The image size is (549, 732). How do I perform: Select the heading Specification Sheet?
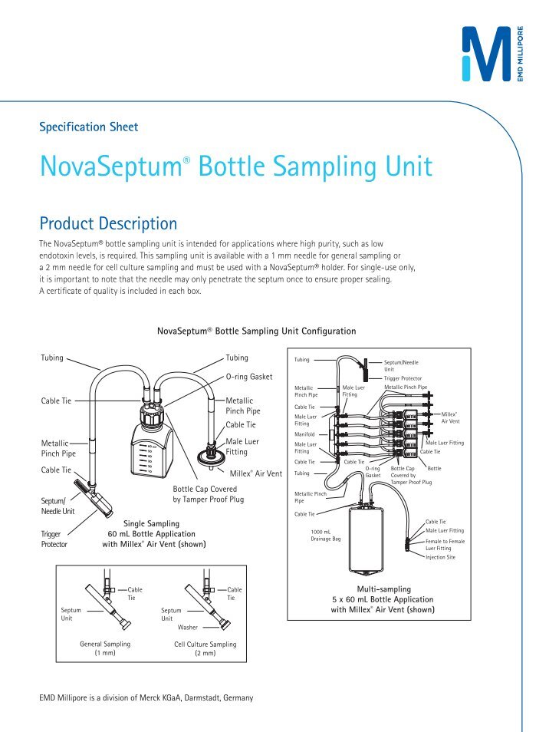89,127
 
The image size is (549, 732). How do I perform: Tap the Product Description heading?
108,224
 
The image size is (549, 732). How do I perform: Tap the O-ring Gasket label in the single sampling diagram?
249,377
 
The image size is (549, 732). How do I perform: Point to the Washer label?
188,627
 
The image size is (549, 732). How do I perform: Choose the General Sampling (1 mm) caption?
105,648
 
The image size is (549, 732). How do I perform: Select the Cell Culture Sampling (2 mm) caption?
205,648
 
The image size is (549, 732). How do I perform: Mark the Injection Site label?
441,558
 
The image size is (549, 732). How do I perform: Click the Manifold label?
306,434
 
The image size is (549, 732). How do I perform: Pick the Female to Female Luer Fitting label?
445,545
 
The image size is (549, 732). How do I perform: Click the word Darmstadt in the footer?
186,697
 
